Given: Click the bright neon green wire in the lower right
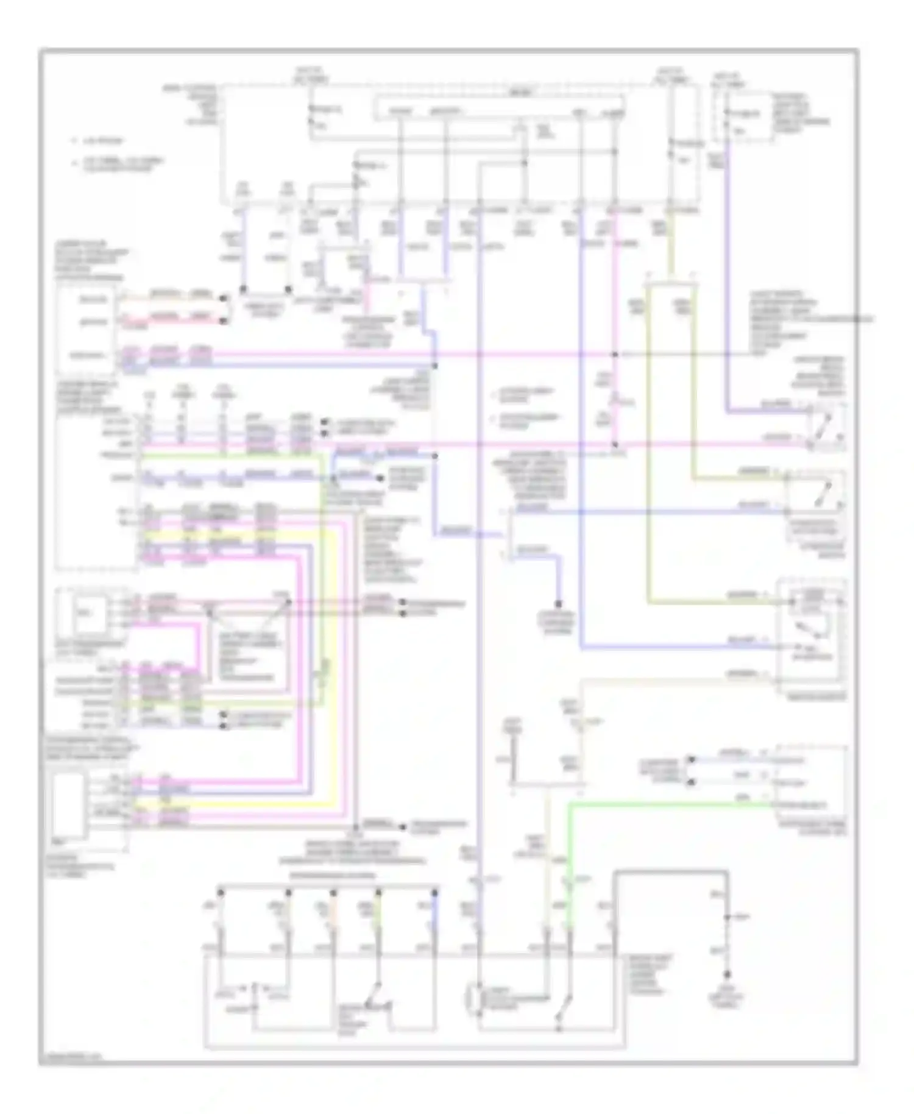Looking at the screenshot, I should (670, 805).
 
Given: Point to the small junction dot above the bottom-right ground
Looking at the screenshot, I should (726, 917).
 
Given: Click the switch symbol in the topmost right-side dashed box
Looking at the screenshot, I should (826, 425).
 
